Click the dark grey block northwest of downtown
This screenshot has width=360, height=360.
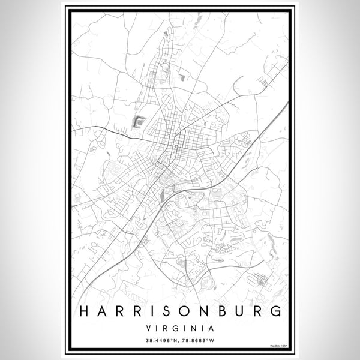(x=137, y=122)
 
